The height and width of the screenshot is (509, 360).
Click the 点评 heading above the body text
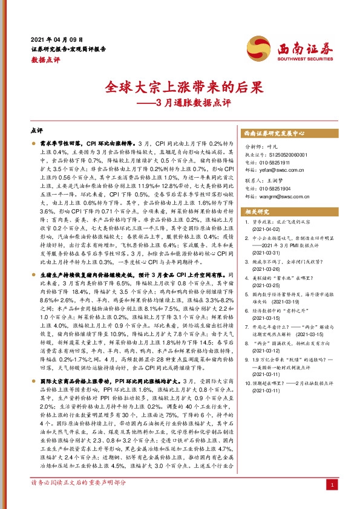(36, 130)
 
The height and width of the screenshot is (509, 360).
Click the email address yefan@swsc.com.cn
(279, 171)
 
